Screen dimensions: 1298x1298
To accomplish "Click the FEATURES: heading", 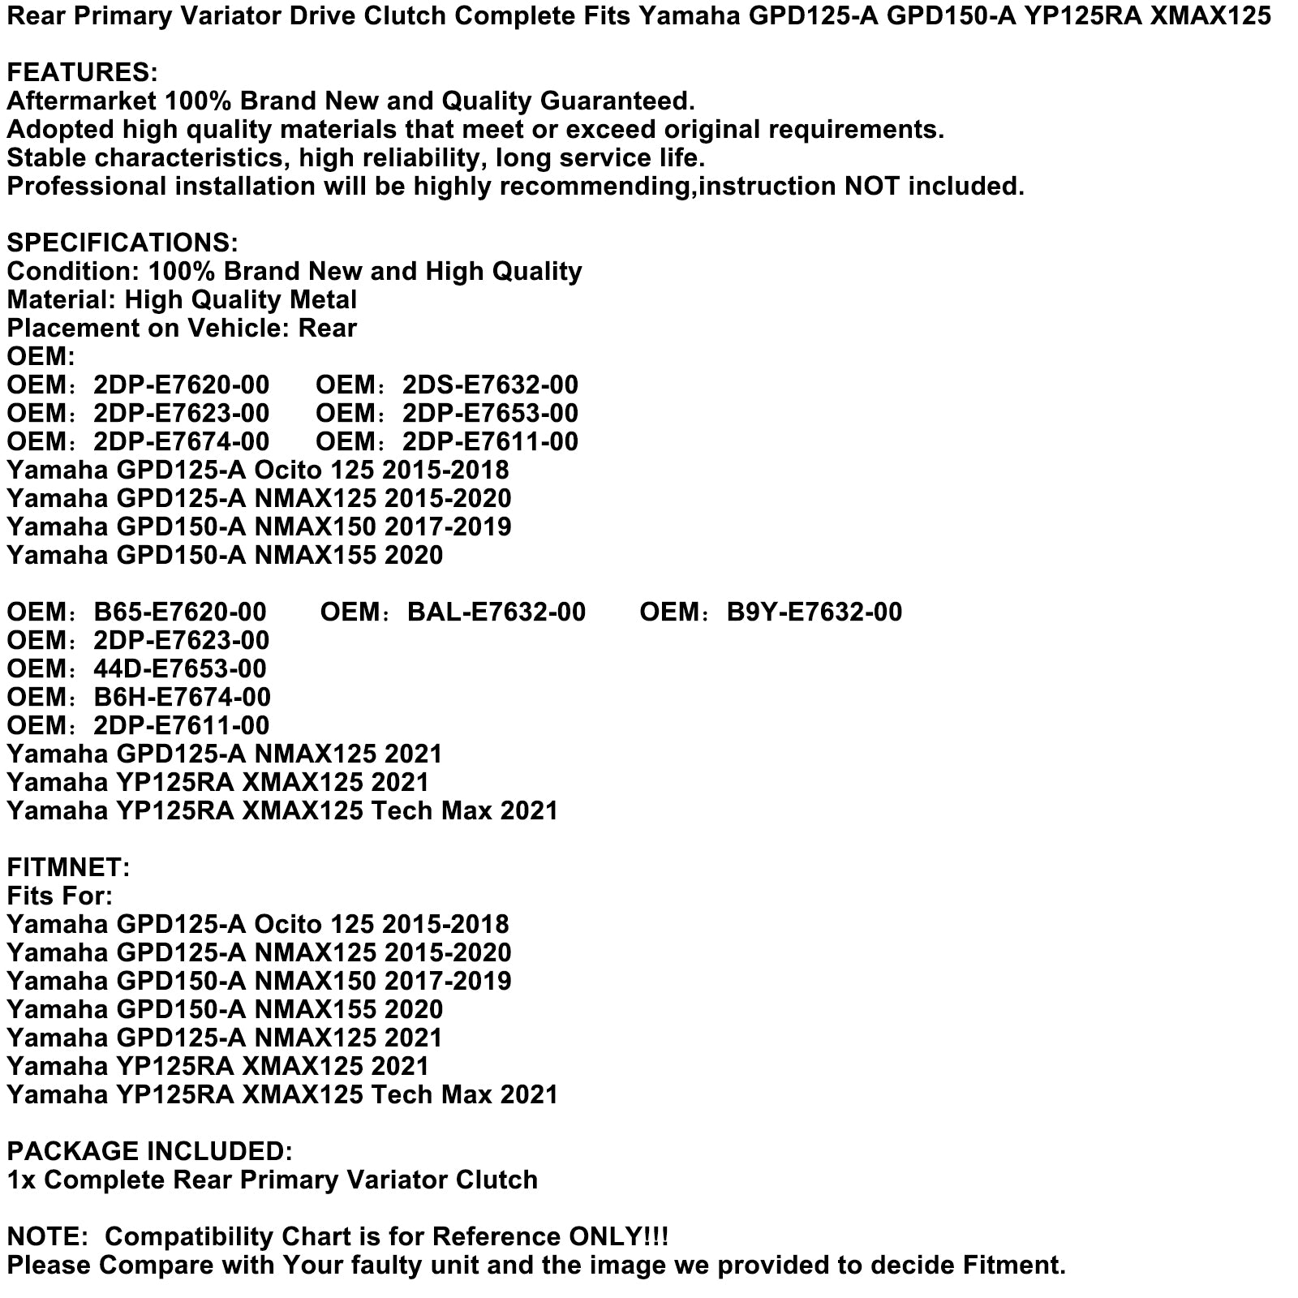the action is [x=82, y=73].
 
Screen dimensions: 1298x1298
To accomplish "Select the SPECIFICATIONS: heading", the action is [x=122, y=243].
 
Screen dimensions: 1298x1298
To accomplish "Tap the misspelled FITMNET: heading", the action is [x=68, y=868].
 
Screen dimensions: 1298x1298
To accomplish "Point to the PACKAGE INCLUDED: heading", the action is [x=149, y=1152].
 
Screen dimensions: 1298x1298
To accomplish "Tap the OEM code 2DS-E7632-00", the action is [x=490, y=385].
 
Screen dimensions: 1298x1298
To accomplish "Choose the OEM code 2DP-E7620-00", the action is [x=181, y=385].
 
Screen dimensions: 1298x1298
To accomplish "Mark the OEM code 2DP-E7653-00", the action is [x=490, y=414].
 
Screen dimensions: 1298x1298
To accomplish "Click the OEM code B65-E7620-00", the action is [x=179, y=612].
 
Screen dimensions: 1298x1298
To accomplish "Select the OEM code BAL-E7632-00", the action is [x=496, y=612].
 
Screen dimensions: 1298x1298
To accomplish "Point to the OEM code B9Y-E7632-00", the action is [x=814, y=612].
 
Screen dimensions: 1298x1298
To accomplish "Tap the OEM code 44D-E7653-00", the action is [x=179, y=669].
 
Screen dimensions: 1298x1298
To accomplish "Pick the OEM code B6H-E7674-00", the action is [x=182, y=698].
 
